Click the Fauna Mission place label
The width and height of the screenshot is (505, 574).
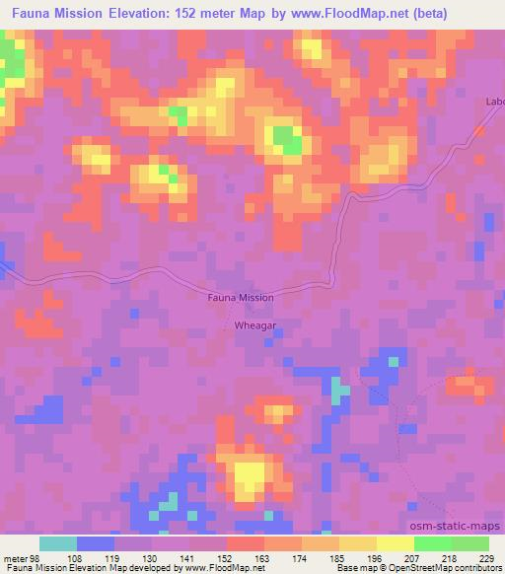[241, 296]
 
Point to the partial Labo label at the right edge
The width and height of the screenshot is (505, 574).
[494, 102]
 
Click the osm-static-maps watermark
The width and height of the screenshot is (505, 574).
[457, 527]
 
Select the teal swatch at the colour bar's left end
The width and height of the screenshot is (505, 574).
[58, 543]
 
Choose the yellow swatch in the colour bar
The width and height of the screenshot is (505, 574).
[396, 543]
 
